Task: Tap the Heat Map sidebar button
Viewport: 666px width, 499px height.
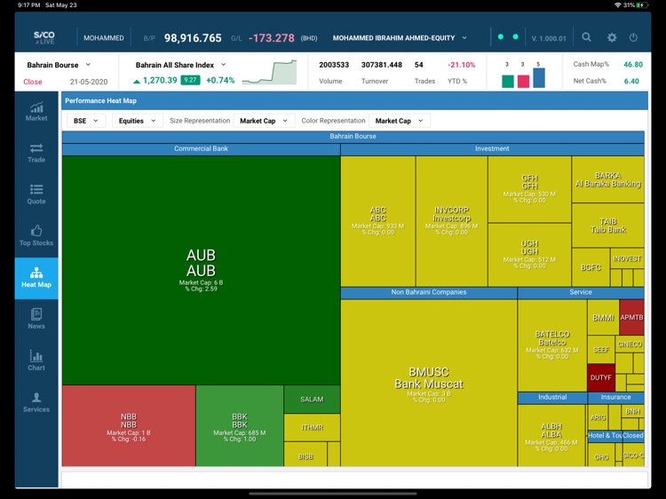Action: point(36,277)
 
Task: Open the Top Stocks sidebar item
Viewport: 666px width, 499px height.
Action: point(36,235)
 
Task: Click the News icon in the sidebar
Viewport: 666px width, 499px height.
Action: point(36,319)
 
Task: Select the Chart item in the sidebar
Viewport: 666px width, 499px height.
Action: point(36,360)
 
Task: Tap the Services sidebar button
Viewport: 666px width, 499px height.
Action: point(36,402)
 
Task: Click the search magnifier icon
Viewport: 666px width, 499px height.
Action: point(587,37)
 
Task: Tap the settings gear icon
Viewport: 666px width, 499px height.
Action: point(611,37)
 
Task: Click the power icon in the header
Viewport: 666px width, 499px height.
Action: point(633,37)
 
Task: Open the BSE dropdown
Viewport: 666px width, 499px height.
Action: point(85,121)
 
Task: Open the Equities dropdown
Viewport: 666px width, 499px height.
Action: point(137,121)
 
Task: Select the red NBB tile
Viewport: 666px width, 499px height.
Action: point(129,426)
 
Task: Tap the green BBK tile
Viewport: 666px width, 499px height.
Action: point(240,426)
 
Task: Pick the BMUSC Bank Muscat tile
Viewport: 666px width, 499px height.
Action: point(429,383)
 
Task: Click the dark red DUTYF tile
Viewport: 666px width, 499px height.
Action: point(600,377)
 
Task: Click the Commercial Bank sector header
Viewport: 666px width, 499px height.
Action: point(201,149)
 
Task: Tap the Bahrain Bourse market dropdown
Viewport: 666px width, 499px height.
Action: point(59,65)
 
